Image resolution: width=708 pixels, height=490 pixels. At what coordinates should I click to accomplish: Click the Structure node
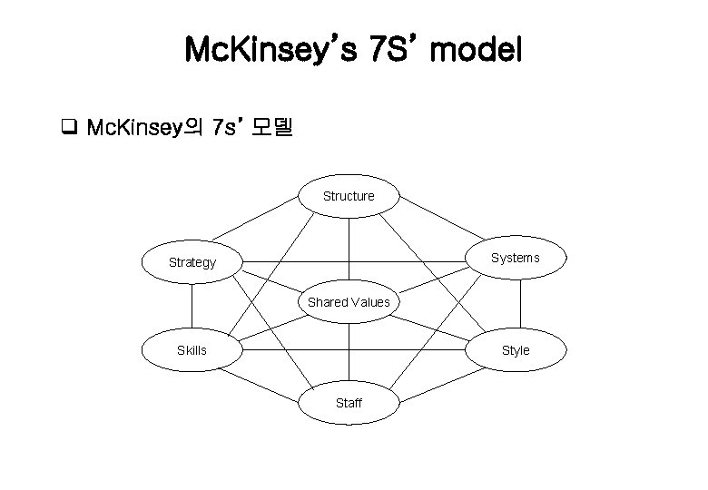[x=349, y=196]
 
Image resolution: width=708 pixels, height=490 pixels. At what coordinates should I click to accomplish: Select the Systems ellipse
[x=516, y=258]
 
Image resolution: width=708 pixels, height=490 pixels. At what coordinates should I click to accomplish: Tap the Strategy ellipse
[x=192, y=263]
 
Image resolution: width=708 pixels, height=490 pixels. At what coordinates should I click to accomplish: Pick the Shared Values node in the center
[x=349, y=302]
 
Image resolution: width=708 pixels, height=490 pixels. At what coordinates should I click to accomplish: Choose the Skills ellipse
[x=192, y=349]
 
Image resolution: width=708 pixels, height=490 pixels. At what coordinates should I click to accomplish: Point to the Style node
[x=516, y=349]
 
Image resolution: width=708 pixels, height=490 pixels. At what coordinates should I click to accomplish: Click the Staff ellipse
[x=349, y=403]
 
